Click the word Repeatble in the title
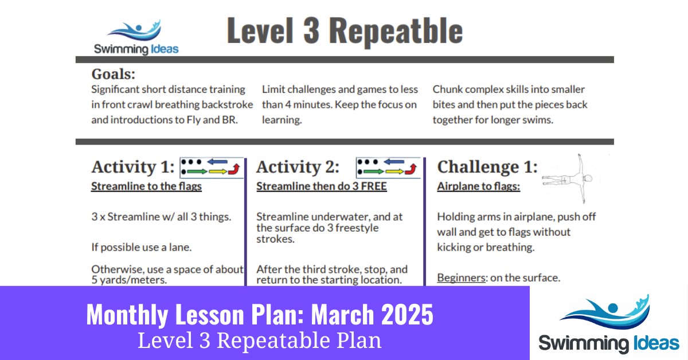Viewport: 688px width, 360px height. click(396, 32)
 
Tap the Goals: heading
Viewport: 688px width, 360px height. click(114, 74)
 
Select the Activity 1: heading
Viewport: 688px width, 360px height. click(133, 167)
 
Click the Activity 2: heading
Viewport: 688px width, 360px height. click(298, 167)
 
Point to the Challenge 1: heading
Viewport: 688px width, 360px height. click(487, 167)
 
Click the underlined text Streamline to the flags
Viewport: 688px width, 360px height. click(147, 186)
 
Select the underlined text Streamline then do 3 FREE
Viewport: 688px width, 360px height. click(322, 186)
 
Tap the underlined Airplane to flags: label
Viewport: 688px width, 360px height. click(479, 186)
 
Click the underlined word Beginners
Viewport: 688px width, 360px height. click(462, 277)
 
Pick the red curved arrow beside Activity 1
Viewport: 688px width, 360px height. click(234, 169)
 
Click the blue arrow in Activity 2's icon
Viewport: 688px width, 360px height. click(394, 161)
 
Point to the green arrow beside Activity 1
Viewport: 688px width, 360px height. click(197, 171)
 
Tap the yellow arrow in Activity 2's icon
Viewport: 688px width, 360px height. click(394, 171)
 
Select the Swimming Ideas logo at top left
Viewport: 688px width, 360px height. click(136, 37)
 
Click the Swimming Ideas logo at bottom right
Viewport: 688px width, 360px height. click(609, 324)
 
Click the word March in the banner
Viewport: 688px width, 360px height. click(342, 314)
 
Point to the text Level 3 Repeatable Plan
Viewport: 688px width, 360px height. click(260, 341)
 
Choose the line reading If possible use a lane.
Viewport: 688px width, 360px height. click(142, 247)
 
